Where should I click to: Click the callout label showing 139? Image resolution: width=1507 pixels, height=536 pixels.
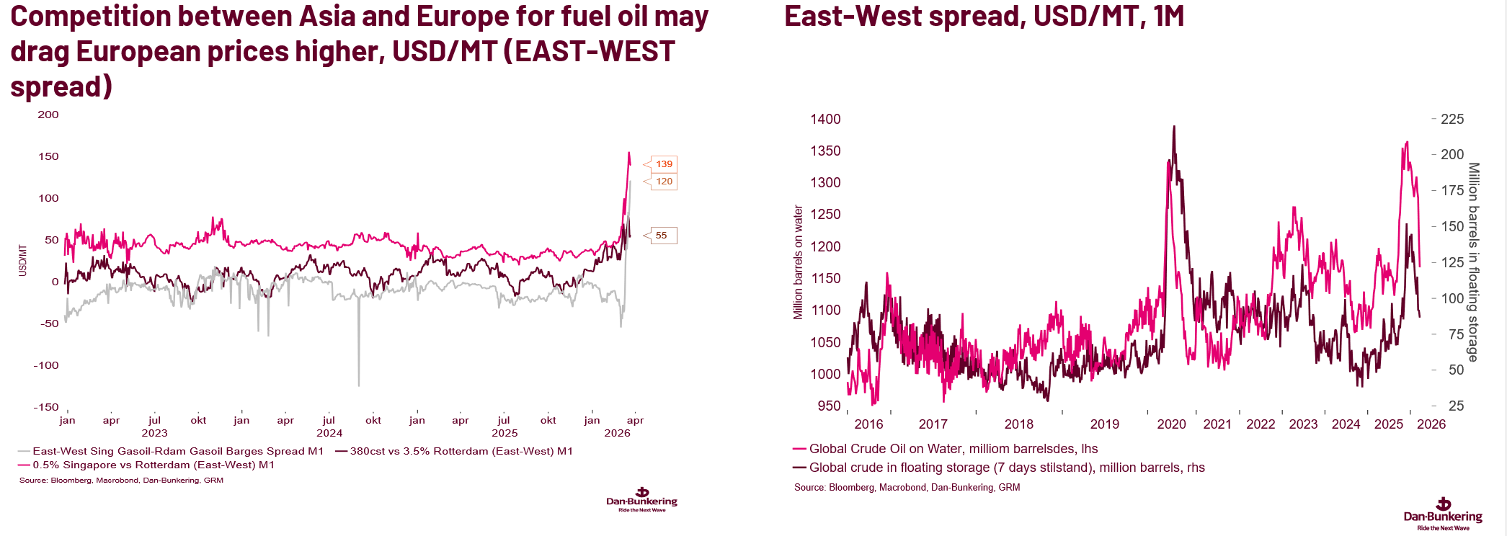click(x=664, y=164)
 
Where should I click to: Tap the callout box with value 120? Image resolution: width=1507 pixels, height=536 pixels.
click(x=664, y=182)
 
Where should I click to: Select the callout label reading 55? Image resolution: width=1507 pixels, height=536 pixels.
click(x=661, y=236)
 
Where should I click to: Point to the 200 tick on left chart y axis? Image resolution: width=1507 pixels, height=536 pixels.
click(x=48, y=115)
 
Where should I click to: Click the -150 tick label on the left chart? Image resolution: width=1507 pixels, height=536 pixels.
click(x=46, y=407)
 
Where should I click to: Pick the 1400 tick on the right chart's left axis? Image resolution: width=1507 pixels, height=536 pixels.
click(x=825, y=119)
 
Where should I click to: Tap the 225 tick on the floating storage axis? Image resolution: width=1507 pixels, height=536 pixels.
click(x=1452, y=119)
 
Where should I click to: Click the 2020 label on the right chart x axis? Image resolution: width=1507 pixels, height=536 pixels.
click(x=1171, y=424)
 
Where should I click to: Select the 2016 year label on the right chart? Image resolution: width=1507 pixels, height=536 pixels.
click(x=868, y=424)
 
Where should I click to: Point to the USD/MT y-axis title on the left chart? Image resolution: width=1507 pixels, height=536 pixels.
click(x=22, y=260)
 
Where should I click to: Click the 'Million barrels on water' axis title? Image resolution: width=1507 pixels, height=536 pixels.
click(x=798, y=262)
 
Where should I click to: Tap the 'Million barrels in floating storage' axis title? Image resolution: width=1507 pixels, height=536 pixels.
click(x=1474, y=262)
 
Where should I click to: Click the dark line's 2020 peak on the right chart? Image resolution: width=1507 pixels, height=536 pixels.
click(x=1174, y=127)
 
